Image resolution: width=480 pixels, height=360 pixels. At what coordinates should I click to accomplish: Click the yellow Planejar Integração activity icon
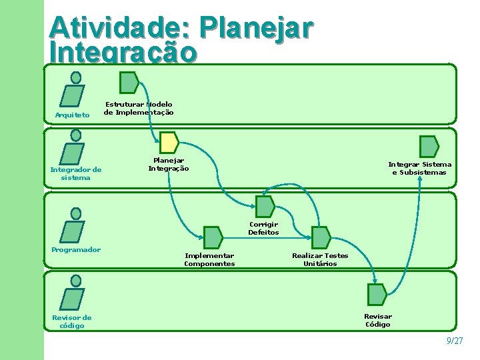tap(169, 143)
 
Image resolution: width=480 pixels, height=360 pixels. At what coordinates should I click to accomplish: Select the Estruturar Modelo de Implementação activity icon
tap(129, 82)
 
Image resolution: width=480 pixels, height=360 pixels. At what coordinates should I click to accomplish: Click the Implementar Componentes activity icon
tap(212, 237)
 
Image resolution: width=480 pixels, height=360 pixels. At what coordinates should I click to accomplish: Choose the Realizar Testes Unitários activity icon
tap(321, 237)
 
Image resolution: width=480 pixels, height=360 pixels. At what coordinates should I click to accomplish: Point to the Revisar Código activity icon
tap(377, 295)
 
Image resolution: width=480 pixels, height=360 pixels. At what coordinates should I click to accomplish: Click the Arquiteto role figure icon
tap(73, 89)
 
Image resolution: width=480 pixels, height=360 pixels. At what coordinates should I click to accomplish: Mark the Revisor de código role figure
tap(73, 293)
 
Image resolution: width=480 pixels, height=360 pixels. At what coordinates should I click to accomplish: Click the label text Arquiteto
tap(71, 115)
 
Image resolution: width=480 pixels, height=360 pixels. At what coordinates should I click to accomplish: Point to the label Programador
tap(76, 250)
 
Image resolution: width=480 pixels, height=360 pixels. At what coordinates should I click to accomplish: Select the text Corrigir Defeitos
tap(263, 229)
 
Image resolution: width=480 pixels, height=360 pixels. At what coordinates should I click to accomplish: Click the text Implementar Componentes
tap(209, 259)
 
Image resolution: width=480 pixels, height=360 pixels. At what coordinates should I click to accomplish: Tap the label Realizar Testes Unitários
tap(320, 259)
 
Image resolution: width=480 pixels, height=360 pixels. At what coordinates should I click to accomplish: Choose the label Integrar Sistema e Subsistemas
tap(420, 168)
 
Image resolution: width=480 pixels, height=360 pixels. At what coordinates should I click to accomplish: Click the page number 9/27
tap(455, 341)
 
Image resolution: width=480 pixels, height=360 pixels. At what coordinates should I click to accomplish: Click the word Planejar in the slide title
tap(255, 28)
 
